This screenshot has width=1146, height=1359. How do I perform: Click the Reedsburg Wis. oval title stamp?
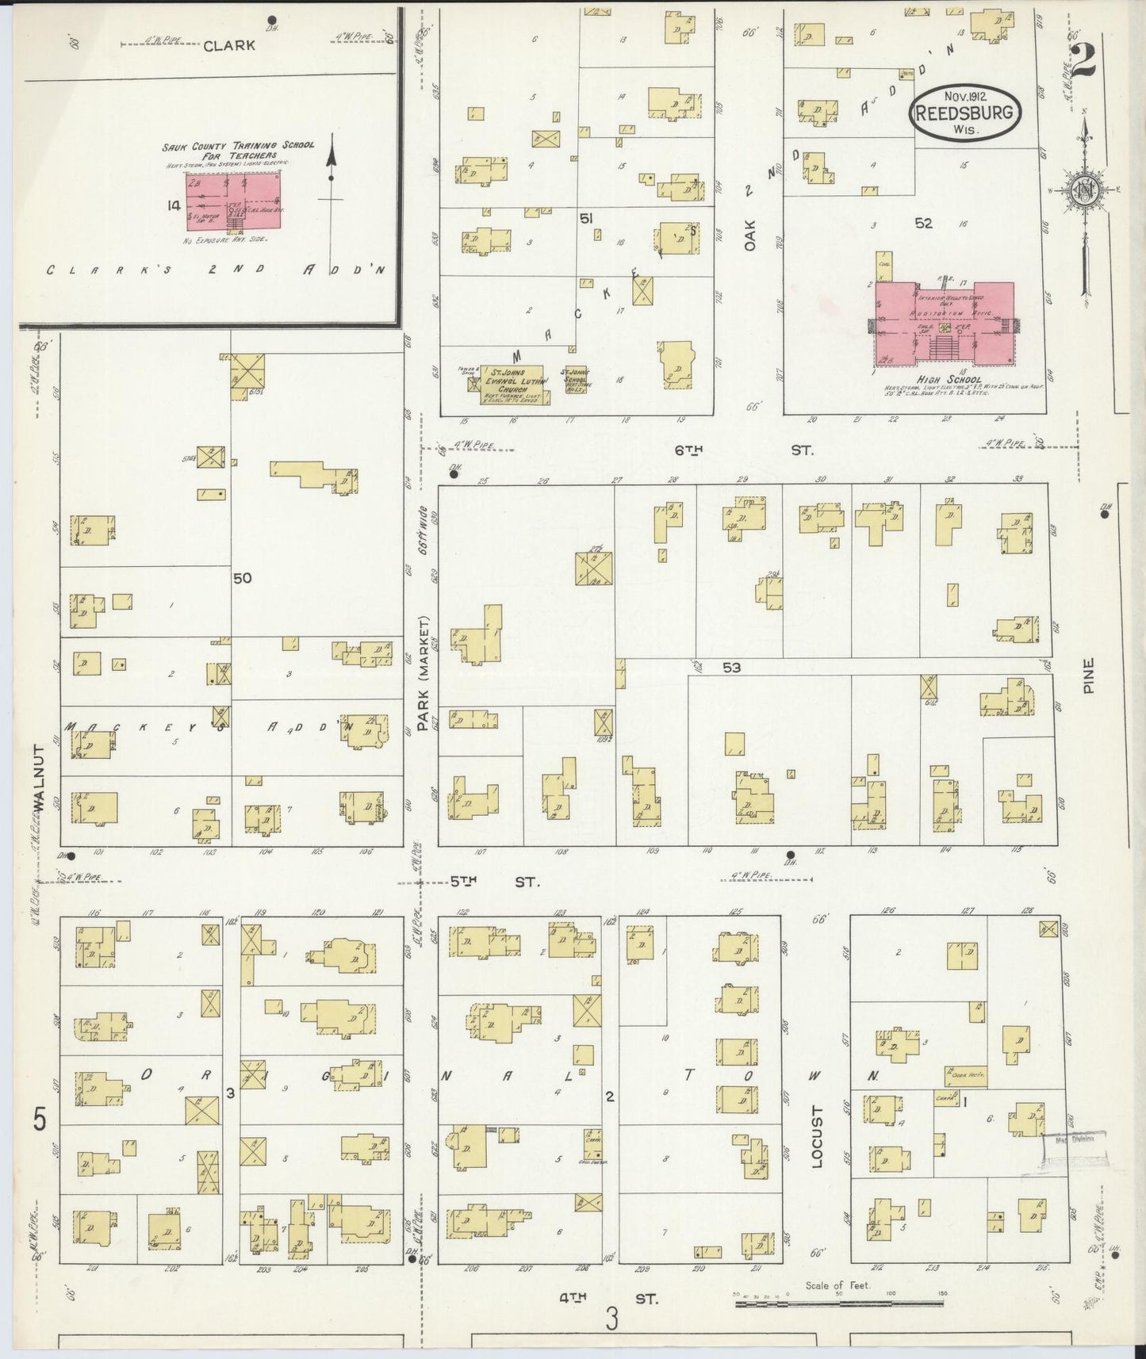(964, 112)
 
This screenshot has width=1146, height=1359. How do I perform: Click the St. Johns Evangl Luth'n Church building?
(512, 385)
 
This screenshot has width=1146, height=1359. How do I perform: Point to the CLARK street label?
(229, 45)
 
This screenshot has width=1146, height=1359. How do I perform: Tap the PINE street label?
(1089, 676)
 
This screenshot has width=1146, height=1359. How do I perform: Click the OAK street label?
(749, 235)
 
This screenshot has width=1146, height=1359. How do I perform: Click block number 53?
(731, 668)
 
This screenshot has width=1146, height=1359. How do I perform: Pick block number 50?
(242, 578)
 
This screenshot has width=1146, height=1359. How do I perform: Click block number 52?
(923, 224)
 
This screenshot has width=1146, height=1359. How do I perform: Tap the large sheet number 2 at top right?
(1083, 59)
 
